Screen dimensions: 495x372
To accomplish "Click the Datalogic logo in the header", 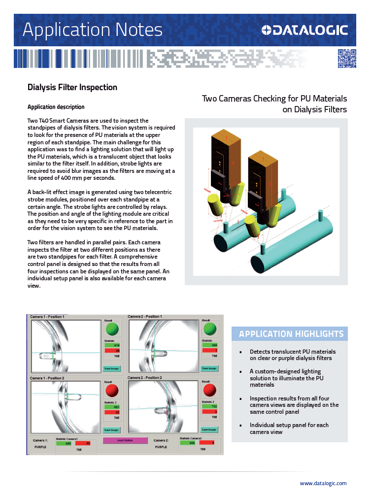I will click(x=305, y=31).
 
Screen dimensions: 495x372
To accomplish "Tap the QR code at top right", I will click(x=346, y=59).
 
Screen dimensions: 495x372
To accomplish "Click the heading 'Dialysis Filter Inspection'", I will click(x=72, y=87).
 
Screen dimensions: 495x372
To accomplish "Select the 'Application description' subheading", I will click(x=56, y=107).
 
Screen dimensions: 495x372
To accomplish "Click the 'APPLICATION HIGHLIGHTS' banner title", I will click(x=291, y=334).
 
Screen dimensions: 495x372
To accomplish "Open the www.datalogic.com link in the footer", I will click(x=323, y=483).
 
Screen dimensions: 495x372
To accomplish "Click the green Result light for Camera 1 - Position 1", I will click(x=112, y=329).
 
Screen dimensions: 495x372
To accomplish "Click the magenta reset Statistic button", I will click(x=125, y=440).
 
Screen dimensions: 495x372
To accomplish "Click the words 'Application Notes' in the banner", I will click(x=93, y=30).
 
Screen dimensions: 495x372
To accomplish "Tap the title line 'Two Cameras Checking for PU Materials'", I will click(x=274, y=99).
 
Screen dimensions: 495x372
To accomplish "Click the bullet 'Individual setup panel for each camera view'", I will click(x=289, y=429).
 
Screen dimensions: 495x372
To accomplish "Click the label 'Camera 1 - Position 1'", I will click(x=48, y=316).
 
